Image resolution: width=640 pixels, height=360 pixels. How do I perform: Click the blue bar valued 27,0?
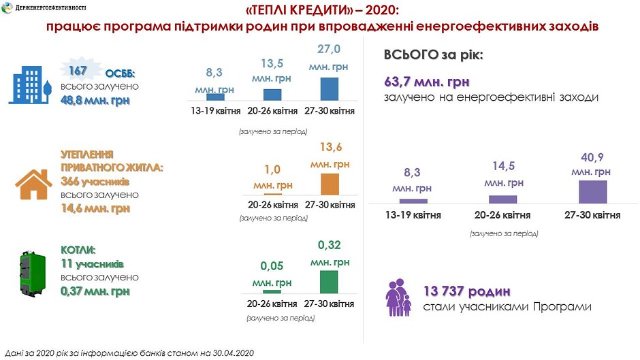coord(329,88)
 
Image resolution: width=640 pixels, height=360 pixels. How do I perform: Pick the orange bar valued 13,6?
coord(330,184)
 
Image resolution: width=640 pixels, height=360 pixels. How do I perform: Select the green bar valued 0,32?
coord(329,282)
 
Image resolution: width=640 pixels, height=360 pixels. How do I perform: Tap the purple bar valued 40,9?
coord(592,192)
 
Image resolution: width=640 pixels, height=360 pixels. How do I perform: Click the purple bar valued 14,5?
coord(503,199)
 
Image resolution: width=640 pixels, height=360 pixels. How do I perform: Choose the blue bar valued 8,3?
coord(215,97)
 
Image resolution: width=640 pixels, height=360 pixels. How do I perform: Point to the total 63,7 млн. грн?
coord(427,82)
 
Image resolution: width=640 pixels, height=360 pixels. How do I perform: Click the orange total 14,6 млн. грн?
coord(95,208)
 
